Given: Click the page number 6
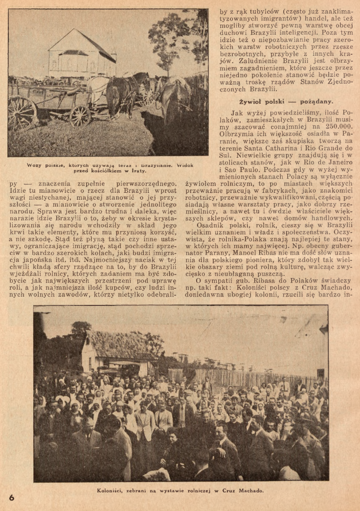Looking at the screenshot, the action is point(12,497).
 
